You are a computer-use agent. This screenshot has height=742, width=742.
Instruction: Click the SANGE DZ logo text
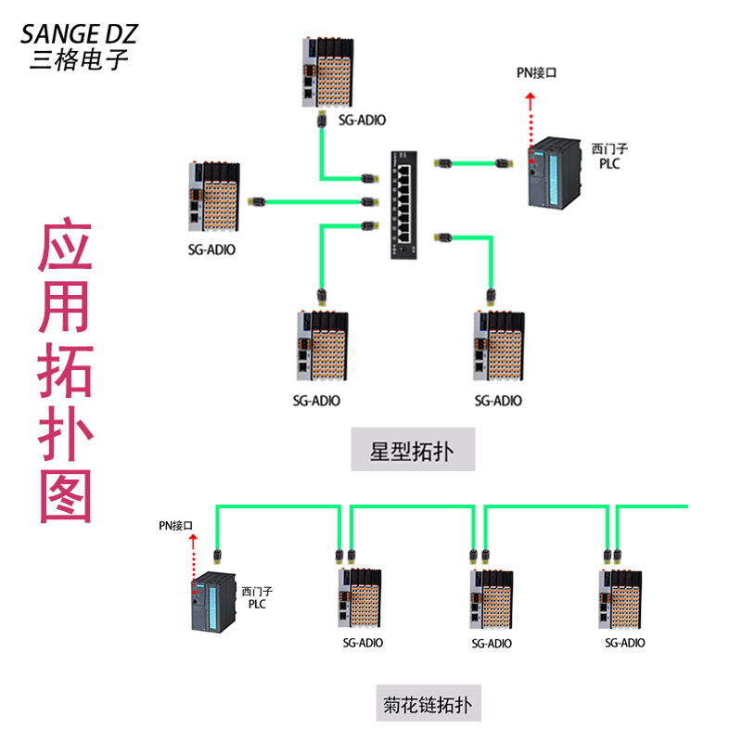tap(79, 34)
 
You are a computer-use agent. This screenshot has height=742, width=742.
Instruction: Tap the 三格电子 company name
tap(79, 60)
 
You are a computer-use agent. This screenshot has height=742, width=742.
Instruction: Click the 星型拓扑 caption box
tap(413, 452)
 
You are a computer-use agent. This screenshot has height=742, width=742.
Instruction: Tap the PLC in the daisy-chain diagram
tap(214, 602)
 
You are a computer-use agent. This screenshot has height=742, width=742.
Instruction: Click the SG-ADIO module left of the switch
tap(215, 196)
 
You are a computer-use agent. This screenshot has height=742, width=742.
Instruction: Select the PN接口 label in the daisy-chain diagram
tap(175, 526)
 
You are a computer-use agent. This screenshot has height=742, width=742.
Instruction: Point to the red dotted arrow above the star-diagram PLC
tap(531, 119)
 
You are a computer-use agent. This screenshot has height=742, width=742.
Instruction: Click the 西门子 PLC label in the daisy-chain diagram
tap(258, 596)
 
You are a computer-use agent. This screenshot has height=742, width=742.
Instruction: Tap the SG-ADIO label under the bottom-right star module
tap(498, 401)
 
